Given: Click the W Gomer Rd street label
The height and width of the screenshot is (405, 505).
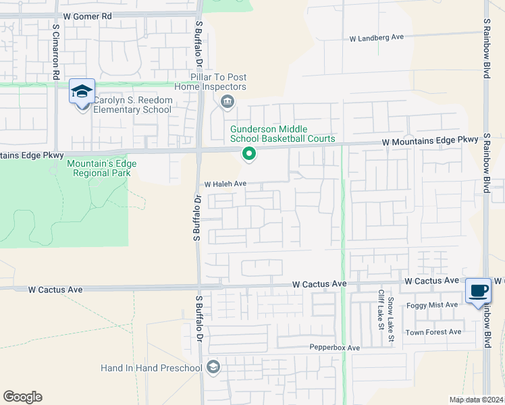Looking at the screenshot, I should point(88,15).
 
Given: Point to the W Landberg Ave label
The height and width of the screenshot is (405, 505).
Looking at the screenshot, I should point(376,38).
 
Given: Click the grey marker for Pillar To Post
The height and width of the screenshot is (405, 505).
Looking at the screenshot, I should point(227,102).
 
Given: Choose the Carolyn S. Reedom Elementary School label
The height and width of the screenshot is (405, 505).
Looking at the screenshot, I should point(132,105).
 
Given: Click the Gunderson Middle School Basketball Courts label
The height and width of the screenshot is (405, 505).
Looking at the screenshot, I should point(282,134).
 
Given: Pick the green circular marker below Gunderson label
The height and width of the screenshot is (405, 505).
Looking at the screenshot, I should point(249,155).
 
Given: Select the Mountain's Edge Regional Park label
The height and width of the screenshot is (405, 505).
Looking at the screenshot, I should point(102,168).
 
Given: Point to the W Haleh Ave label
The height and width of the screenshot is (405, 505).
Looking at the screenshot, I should point(226,184).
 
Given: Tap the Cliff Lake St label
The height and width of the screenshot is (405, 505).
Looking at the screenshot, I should point(381,309).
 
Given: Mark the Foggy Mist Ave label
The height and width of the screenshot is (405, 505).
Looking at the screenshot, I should point(432,305).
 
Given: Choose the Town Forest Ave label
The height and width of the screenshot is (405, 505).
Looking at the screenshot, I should point(433,332).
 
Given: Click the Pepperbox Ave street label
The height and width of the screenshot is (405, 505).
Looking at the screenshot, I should point(335,348).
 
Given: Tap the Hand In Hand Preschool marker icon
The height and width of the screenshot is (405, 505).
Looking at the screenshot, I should point(213,367).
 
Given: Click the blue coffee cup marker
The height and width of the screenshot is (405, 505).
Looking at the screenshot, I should point(479,292).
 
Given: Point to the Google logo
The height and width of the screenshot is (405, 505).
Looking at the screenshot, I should point(22,397).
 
